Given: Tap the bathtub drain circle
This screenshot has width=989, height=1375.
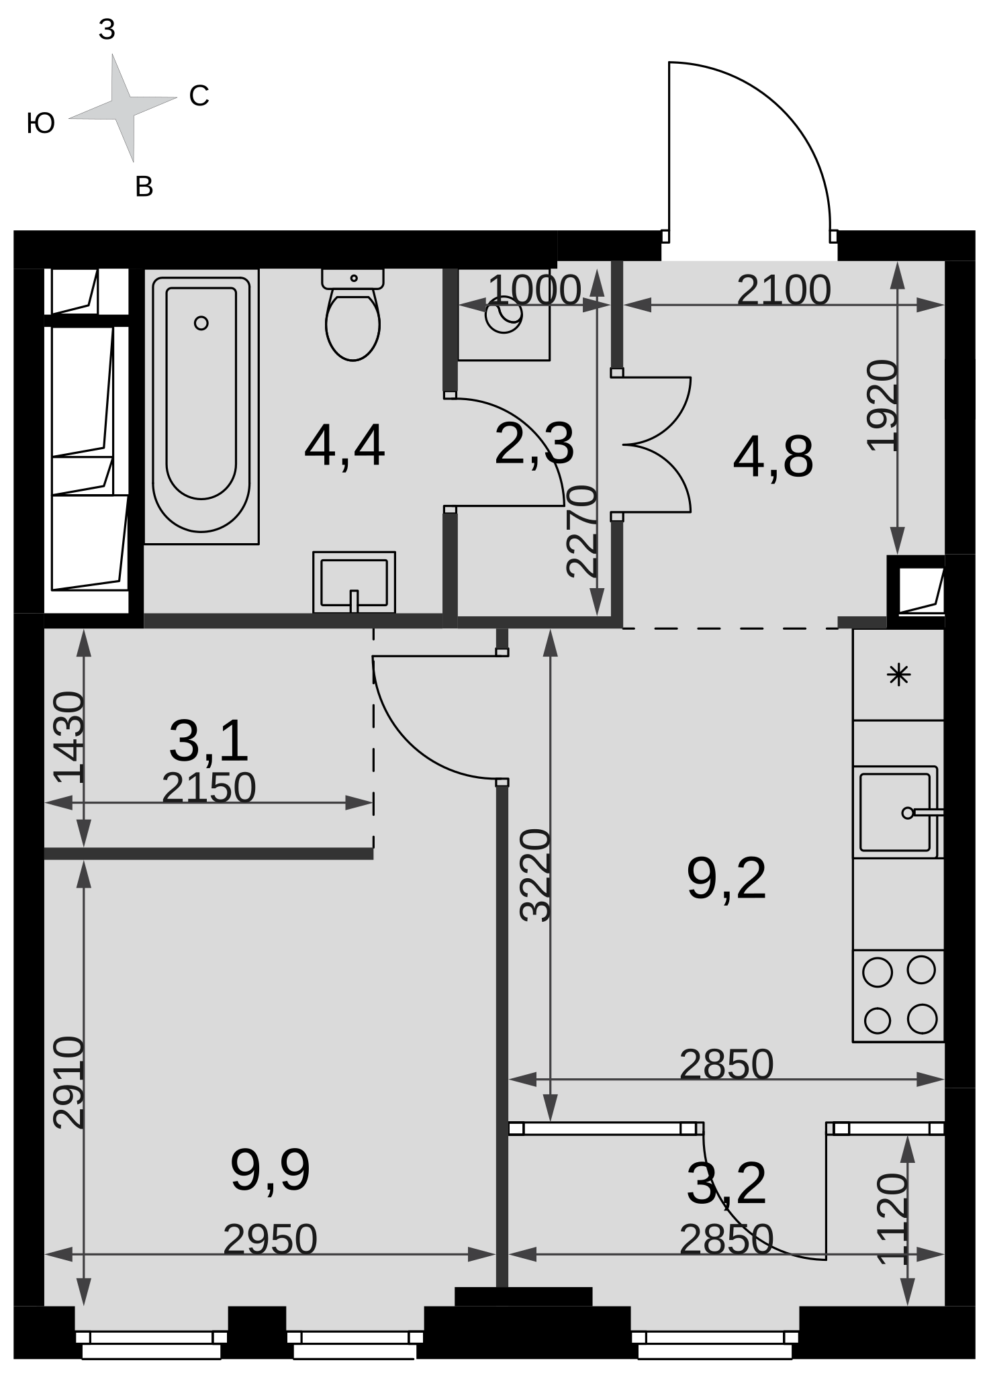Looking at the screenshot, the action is [x=201, y=323].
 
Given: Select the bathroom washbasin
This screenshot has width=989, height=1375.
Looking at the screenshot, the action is [x=354, y=582].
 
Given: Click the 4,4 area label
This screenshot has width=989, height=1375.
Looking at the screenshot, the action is [x=344, y=446].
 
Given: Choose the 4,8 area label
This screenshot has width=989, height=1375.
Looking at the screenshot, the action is [x=773, y=458].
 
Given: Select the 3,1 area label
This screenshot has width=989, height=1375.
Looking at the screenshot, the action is [x=209, y=741].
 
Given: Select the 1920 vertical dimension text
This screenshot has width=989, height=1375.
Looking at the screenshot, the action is [x=882, y=406].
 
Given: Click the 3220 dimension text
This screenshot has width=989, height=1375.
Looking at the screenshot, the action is [x=536, y=875].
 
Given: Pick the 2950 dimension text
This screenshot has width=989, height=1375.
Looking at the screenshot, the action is [x=270, y=1239].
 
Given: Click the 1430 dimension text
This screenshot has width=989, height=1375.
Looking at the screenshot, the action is [x=69, y=737].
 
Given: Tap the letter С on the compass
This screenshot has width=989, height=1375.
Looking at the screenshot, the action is [x=199, y=96].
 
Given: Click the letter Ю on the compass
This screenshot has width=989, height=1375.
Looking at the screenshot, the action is [x=41, y=124].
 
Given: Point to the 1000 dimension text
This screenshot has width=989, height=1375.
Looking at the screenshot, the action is [x=534, y=290].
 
